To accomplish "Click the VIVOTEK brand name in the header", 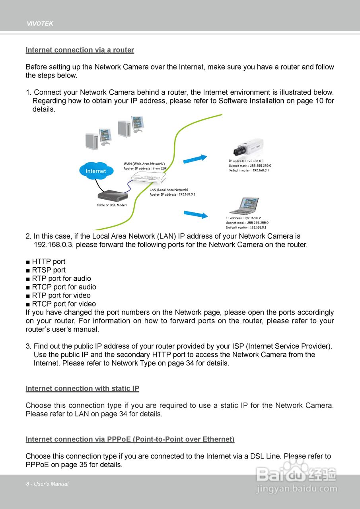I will (x=40, y=24).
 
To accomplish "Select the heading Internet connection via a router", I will (x=80, y=50).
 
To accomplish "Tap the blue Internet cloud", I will (x=96, y=171).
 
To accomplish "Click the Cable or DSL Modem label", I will (x=112, y=205).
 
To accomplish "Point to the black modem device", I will (x=113, y=195).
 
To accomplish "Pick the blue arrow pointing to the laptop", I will (x=196, y=215).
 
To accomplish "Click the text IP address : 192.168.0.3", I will (x=246, y=161).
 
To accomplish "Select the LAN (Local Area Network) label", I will (x=169, y=190).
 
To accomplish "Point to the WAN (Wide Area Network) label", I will (x=144, y=163).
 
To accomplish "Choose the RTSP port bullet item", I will (x=49, y=270).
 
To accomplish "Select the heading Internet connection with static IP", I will (x=82, y=389).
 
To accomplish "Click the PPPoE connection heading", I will (x=130, y=439).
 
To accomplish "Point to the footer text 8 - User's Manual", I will (x=47, y=484).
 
